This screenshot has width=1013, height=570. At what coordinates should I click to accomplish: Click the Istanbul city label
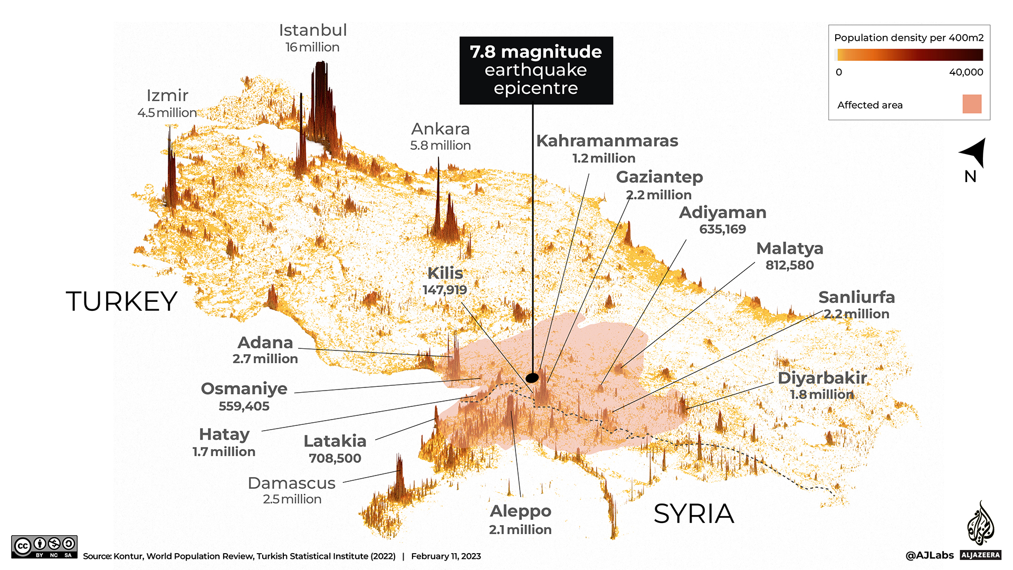[x=313, y=30]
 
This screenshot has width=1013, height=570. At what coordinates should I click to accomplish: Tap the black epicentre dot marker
[x=532, y=378]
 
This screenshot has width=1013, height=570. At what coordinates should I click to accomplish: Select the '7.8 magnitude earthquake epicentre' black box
[x=536, y=70]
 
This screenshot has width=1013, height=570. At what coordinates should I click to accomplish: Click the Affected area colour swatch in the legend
[x=971, y=104]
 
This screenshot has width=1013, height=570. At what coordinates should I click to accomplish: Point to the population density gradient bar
[x=910, y=55]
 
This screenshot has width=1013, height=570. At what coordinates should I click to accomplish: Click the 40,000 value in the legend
[x=966, y=72]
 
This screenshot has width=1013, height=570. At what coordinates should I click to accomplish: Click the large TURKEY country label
[x=121, y=301]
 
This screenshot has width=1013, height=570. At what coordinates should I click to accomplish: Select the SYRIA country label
[x=693, y=514]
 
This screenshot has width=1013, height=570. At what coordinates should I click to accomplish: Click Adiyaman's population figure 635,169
[x=722, y=229]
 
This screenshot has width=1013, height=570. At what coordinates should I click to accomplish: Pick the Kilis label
[x=445, y=273]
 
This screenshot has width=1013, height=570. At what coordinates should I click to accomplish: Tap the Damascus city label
[x=292, y=483]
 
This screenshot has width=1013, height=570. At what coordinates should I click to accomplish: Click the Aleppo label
[x=520, y=511]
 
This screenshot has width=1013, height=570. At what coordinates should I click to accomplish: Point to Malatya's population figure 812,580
[x=789, y=265]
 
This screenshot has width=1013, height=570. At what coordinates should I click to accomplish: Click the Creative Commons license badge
[x=44, y=547]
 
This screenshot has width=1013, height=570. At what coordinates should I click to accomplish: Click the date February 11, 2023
[x=446, y=556]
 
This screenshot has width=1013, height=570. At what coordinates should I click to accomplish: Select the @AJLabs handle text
[x=929, y=555]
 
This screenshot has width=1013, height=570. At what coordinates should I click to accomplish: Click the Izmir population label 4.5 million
[x=167, y=112]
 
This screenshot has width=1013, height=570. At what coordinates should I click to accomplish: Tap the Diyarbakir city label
[x=822, y=378]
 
